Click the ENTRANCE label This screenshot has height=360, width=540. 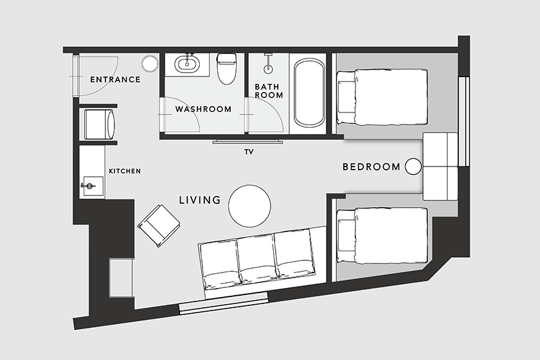click(x=115, y=80)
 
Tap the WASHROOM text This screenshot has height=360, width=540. click(x=203, y=109)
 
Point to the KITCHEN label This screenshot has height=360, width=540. click(x=125, y=171)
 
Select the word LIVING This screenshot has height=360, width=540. click(x=200, y=200)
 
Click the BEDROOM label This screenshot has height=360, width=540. click(x=372, y=167)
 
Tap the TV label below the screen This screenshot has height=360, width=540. click(x=249, y=152)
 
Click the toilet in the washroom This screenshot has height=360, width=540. click(x=226, y=69)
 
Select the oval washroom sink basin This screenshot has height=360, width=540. click(x=186, y=64)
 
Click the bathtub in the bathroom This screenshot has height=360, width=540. click(x=309, y=93)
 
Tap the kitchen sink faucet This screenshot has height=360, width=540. click(x=87, y=186)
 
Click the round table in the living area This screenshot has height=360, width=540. click(x=249, y=206)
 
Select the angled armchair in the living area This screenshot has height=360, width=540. click(x=159, y=226)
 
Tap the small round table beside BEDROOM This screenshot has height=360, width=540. click(x=413, y=166)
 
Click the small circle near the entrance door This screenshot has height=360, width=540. click(x=149, y=63)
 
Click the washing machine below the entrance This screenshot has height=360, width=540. click(x=99, y=124)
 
